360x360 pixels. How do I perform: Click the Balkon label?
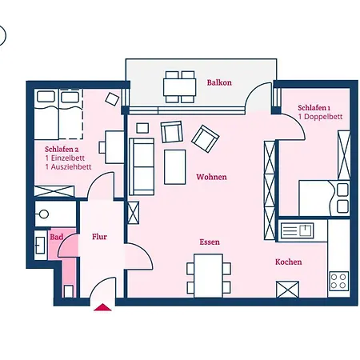tap(218, 82)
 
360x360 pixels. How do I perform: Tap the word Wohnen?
tap(211, 177)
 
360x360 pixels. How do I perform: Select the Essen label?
tap(210, 242)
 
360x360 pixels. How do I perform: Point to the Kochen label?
tap(288, 262)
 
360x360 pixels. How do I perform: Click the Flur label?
tap(100, 237)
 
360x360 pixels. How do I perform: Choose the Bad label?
tap(56, 237)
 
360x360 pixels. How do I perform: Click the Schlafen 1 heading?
tap(314, 108)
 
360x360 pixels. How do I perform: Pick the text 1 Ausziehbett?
tap(68, 167)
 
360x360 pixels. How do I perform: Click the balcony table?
tap(180, 82)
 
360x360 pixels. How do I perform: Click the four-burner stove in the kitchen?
tap(338, 281)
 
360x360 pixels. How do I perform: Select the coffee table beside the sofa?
tap(175, 166)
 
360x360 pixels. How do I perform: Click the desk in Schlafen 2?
tap(106, 149)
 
